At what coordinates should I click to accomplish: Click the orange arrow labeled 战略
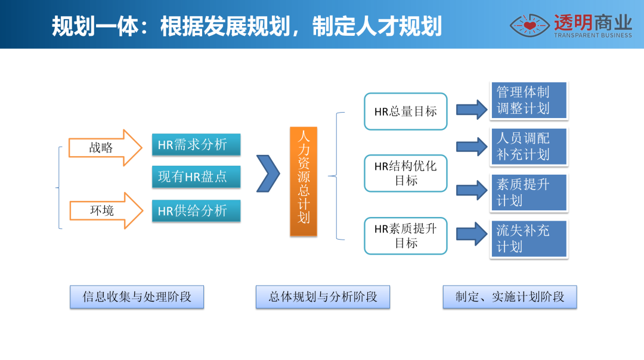coord(105,147)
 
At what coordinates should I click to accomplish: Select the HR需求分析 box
coord(196,144)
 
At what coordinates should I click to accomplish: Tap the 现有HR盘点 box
coord(196,177)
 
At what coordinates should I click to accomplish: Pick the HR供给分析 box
coord(196,210)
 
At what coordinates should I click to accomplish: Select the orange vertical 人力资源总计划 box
coord(304,181)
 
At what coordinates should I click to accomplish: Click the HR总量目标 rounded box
coord(405,111)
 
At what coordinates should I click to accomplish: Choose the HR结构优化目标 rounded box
coord(405,173)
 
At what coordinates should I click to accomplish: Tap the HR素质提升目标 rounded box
coord(405,236)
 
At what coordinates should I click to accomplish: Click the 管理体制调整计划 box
coord(528,100)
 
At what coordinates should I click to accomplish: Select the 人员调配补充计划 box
coord(528,146)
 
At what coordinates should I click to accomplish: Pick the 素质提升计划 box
coord(528,192)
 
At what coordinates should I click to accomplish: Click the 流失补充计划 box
coord(528,238)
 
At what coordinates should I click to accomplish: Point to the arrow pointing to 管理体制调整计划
coord(472,110)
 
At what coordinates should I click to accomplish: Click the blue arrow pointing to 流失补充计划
coord(472,234)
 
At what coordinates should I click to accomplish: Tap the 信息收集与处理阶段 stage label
coord(137,297)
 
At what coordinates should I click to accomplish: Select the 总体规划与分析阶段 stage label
coord(323,297)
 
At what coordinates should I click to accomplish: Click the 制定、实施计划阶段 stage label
coord(510,297)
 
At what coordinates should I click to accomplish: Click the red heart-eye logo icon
coord(530,26)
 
